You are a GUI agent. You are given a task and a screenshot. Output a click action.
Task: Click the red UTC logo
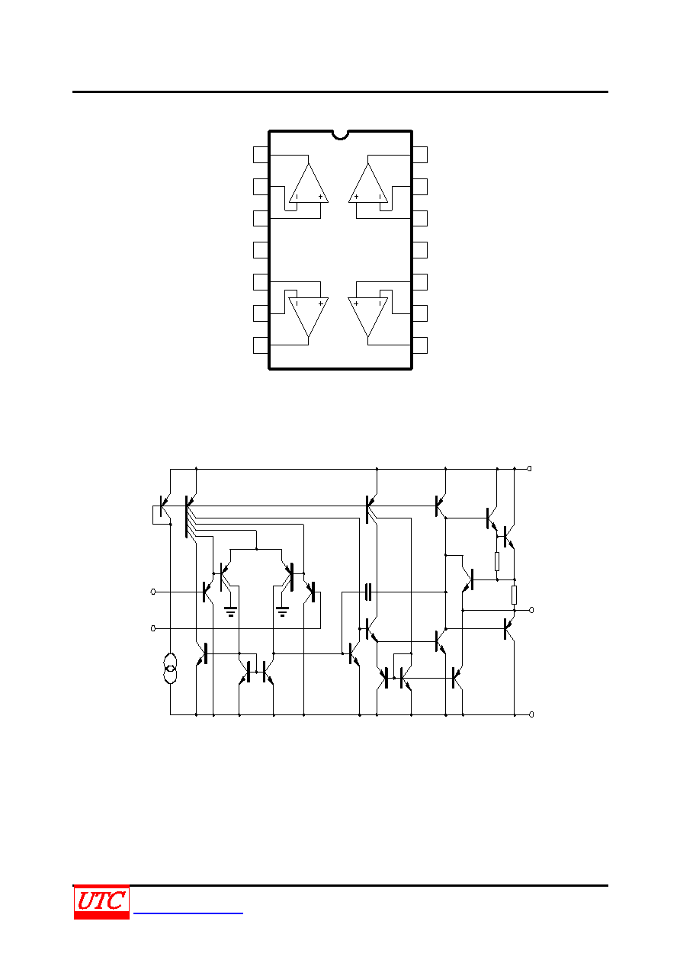tap(101, 902)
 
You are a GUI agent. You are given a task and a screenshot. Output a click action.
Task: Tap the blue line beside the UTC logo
tap(188, 913)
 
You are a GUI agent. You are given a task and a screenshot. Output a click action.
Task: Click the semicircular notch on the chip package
tap(340, 135)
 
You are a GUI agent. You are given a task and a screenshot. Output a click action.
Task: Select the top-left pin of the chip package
tap(261, 155)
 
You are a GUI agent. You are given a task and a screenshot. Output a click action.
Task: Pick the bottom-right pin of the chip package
tap(419, 345)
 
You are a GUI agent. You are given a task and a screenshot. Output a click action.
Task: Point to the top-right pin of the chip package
tap(419, 155)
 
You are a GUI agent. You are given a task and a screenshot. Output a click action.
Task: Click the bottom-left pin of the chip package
tap(261, 345)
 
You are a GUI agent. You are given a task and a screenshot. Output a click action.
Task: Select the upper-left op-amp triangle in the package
tap(309, 183)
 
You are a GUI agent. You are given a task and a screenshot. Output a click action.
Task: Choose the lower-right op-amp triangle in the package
tap(368, 317)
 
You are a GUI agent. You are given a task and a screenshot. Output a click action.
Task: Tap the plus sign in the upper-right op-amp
tap(356, 197)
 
